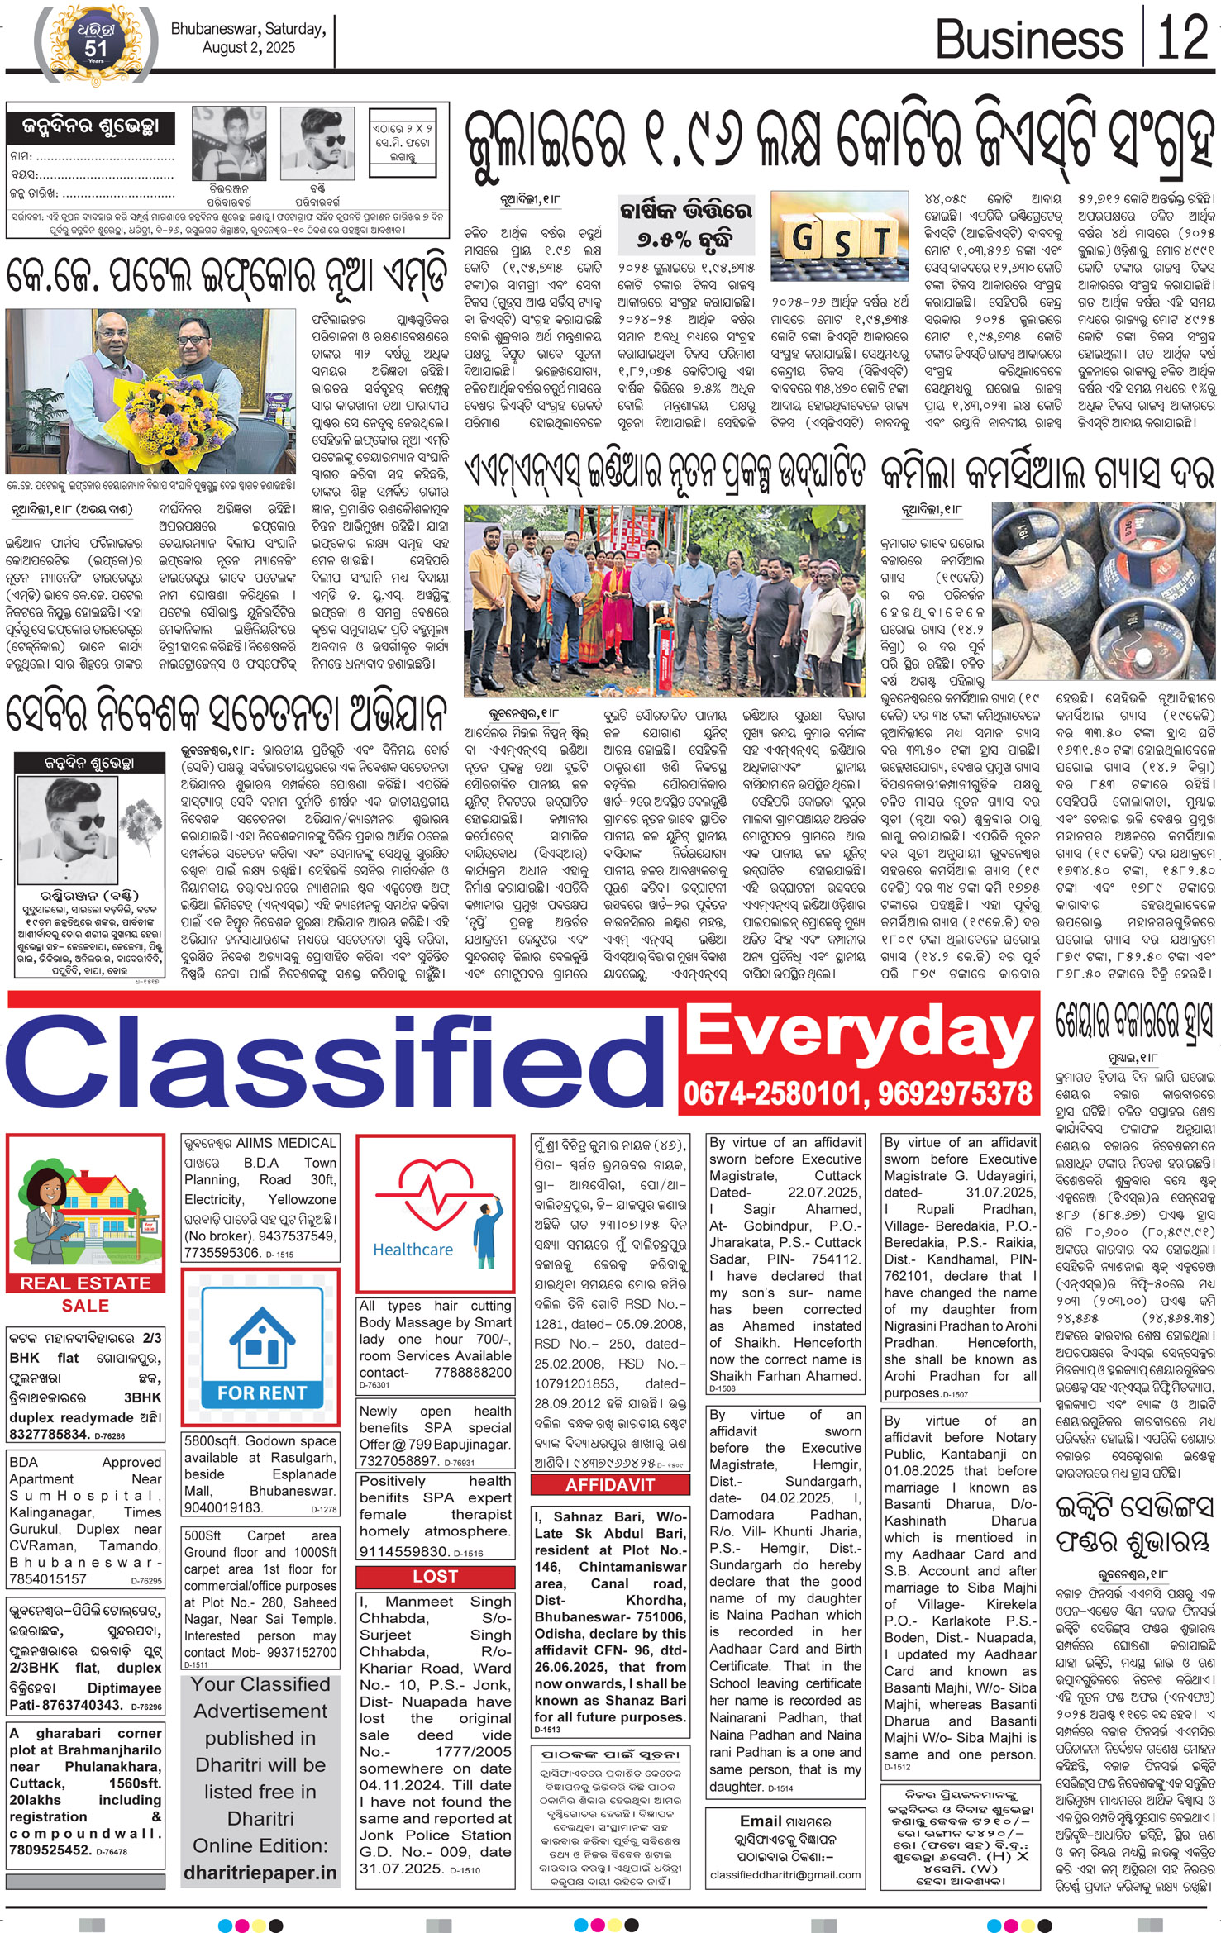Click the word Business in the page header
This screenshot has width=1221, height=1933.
pos(1028,39)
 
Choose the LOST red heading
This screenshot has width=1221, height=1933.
pos(435,1577)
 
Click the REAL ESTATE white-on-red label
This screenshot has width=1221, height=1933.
pos(85,1283)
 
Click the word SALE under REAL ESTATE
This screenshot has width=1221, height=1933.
pos(85,1306)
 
